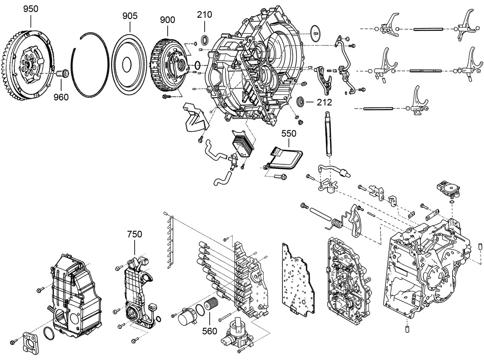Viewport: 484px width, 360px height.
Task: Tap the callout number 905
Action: [x=129, y=16]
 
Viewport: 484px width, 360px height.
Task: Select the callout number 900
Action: [x=167, y=20]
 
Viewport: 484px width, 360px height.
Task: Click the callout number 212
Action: [x=324, y=102]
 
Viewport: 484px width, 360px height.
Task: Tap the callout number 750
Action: [x=135, y=234]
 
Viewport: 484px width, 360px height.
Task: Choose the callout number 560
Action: [x=209, y=331]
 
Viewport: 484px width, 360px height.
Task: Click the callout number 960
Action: [x=61, y=97]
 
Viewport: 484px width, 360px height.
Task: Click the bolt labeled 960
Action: [x=62, y=74]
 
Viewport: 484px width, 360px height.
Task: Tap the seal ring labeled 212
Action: [x=301, y=102]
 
